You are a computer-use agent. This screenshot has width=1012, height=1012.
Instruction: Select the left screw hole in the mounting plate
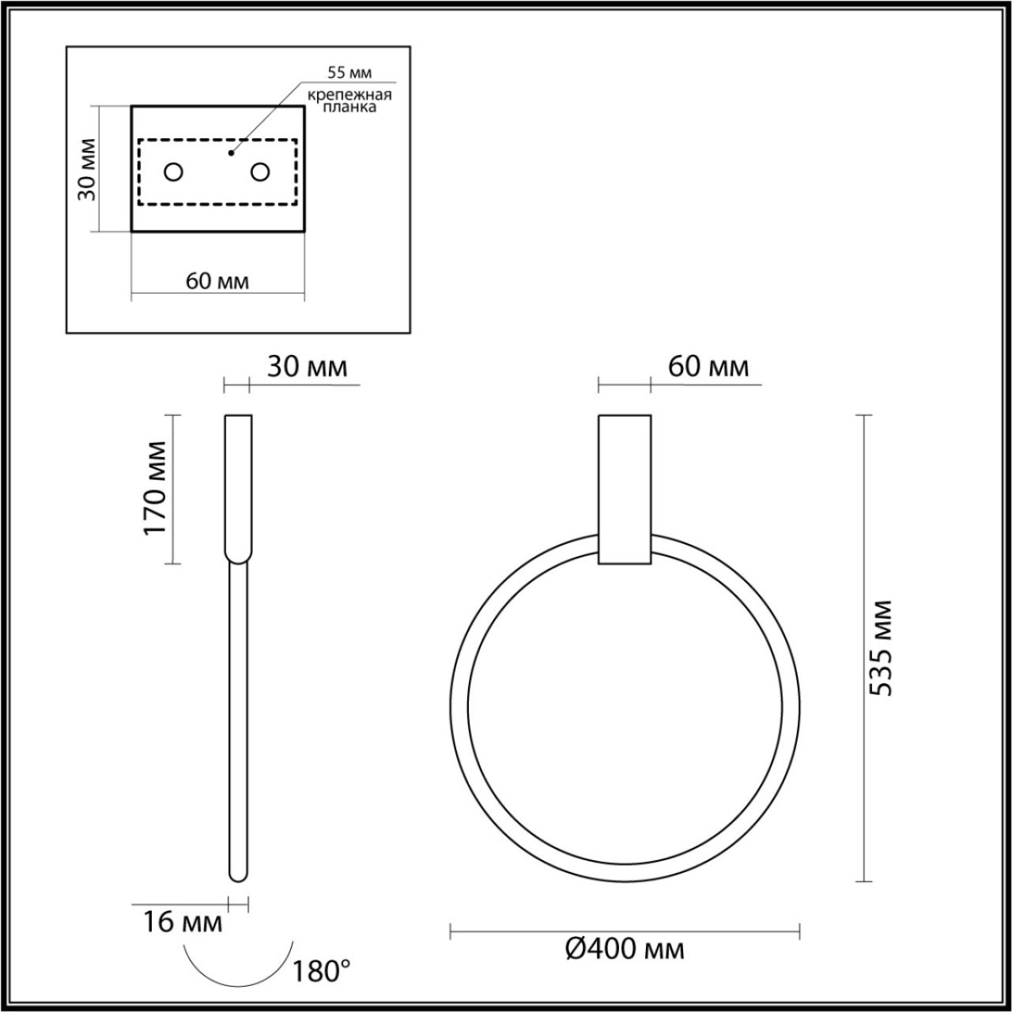pyautogui.click(x=174, y=172)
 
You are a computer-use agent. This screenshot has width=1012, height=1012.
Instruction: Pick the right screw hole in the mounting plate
pyautogui.click(x=260, y=172)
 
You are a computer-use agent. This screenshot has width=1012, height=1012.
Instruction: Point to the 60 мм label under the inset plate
pyautogui.click(x=218, y=281)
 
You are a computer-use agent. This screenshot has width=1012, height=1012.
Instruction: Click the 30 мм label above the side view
pyautogui.click(x=307, y=367)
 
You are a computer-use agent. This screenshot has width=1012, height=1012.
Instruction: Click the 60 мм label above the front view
pyautogui.click(x=708, y=367)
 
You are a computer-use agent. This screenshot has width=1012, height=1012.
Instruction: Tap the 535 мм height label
pyautogui.click(x=880, y=648)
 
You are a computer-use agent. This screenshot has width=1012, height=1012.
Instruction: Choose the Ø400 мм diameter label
pyautogui.click(x=624, y=950)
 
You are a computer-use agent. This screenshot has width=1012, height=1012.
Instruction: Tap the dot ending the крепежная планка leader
pyautogui.click(x=230, y=154)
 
